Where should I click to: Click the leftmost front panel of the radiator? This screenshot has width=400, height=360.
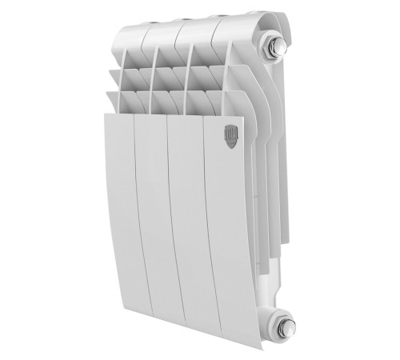pyautogui.click(x=118, y=216)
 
